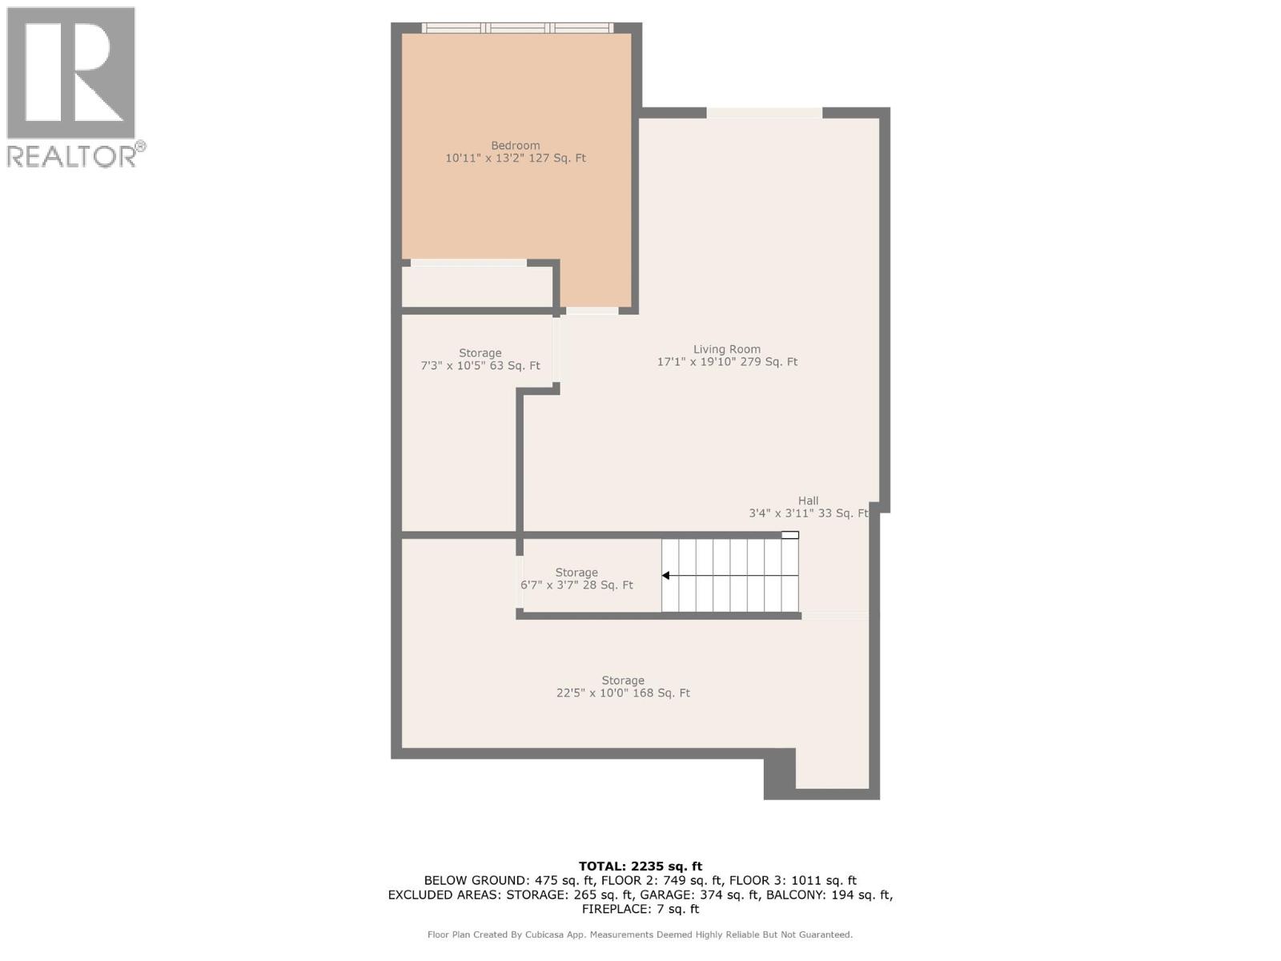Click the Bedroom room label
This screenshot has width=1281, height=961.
(x=516, y=152)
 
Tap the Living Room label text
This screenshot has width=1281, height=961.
(x=727, y=356)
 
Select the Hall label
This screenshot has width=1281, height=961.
(x=808, y=507)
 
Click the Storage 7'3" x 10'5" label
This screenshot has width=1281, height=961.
(x=480, y=360)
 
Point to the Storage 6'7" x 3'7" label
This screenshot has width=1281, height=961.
(x=576, y=579)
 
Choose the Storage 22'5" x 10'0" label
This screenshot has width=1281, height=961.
(x=623, y=687)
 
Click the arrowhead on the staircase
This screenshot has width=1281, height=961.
(x=666, y=576)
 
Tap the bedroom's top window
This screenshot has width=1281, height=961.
(x=517, y=28)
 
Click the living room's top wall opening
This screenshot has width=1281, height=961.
(x=764, y=113)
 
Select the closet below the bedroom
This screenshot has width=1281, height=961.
(x=477, y=287)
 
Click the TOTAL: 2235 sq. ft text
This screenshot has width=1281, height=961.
(x=640, y=867)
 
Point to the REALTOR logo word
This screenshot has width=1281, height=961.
(x=72, y=156)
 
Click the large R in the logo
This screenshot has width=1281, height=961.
(x=72, y=72)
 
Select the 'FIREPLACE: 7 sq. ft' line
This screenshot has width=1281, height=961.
(x=640, y=910)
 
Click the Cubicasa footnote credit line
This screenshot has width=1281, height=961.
(x=640, y=935)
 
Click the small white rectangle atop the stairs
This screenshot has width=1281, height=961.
(x=790, y=535)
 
